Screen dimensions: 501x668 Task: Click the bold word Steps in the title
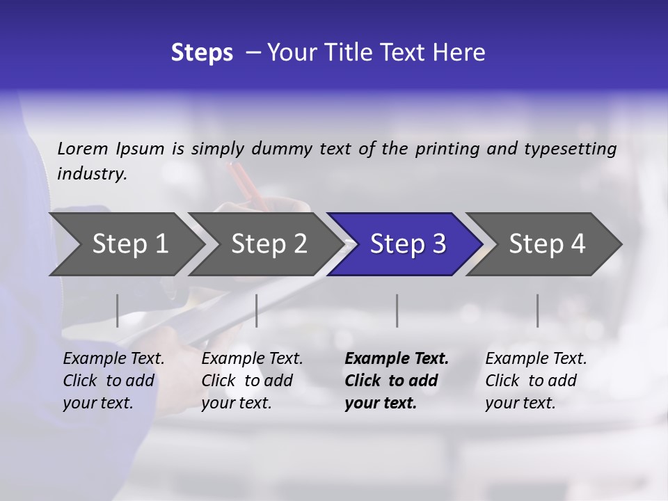[x=202, y=53]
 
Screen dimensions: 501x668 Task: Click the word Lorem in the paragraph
[x=83, y=148]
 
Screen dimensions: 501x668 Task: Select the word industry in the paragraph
[x=92, y=174]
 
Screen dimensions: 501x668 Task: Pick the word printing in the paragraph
[x=445, y=148]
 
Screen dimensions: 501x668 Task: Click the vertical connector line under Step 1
[x=117, y=310]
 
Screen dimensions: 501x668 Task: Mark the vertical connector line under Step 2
[x=257, y=310]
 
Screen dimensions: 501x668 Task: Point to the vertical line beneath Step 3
[x=397, y=310]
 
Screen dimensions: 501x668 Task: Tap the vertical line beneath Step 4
[x=537, y=310]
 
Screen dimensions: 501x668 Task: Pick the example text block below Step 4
[x=536, y=381]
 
